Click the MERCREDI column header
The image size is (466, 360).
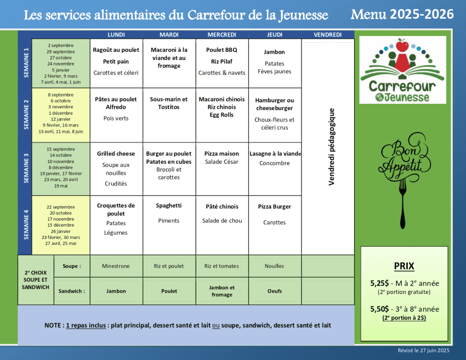coord(222,35)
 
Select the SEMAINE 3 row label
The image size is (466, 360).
coord(26,168)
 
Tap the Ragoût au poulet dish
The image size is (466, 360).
coord(116,50)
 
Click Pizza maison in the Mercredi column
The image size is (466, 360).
coord(222,154)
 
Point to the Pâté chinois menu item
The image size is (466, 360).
coord(222,207)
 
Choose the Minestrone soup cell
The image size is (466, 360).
coord(116,266)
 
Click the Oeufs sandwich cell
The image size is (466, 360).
coord(274,291)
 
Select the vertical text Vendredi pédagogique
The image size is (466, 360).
coord(331,147)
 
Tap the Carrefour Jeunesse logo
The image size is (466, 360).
coord(403,71)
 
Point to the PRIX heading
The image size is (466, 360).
coord(404,266)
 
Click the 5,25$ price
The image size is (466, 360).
coord(379,283)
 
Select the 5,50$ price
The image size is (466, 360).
coord(379,309)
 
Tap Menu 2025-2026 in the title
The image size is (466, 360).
coord(402,14)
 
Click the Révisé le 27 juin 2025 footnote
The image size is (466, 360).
coord(423,350)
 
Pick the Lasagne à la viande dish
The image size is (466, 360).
coord(275,154)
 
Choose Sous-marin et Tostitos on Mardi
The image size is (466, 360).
coord(169,103)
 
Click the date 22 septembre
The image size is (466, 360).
coord(61,207)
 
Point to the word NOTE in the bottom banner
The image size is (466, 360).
coord(53,325)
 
